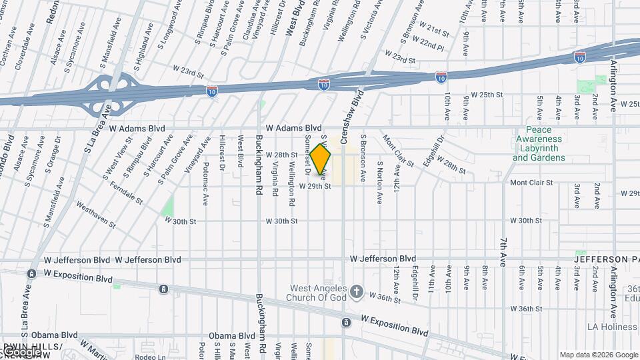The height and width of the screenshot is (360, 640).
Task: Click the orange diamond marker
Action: pos(321,160)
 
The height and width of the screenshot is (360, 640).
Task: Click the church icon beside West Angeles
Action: pos(357,291)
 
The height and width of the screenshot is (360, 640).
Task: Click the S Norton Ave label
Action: pos(379,181)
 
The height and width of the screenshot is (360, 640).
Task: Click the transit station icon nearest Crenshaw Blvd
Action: pos(346,323)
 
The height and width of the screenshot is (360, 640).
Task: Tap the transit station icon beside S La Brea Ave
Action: pos(31,274)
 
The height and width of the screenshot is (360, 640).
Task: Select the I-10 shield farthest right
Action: pos(581,57)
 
